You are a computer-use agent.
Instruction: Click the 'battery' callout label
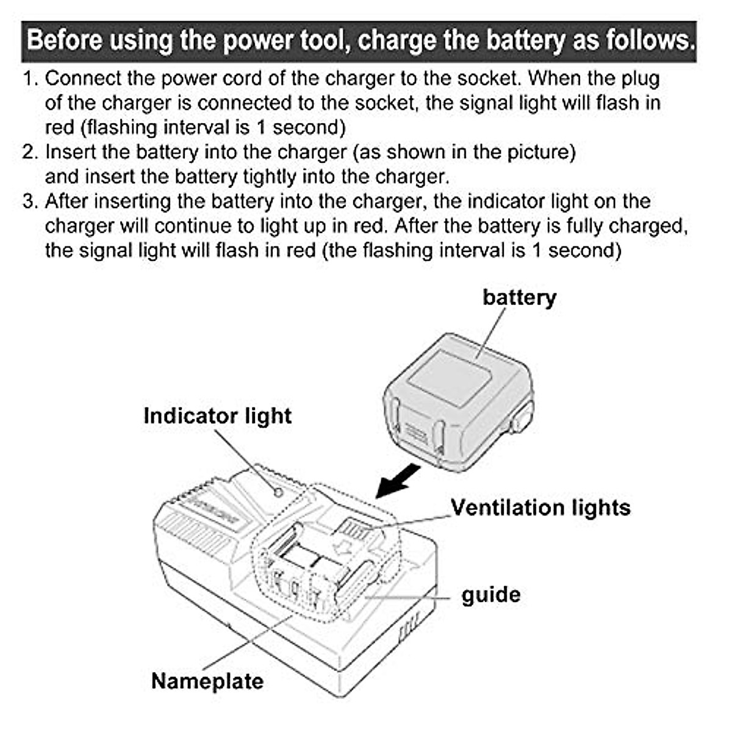click(519, 298)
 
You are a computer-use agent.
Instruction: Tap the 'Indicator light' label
click(217, 416)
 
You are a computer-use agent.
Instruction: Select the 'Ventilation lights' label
click(540, 508)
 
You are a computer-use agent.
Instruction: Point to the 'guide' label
click(491, 595)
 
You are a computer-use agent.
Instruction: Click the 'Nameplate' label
click(207, 681)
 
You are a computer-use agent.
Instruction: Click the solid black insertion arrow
click(398, 481)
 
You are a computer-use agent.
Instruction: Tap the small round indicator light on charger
click(278, 492)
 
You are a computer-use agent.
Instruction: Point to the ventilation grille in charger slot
click(354, 528)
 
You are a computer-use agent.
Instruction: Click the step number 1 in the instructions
click(29, 79)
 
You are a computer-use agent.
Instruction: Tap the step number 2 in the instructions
click(29, 152)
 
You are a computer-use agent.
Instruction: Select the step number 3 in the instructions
click(29, 201)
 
